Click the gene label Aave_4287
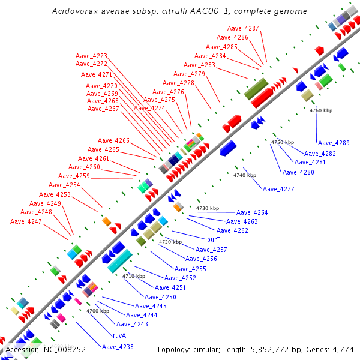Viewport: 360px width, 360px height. click(x=244, y=29)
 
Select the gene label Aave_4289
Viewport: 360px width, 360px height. click(x=334, y=143)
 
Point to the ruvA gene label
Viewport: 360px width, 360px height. click(x=119, y=335)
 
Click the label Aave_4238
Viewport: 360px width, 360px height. click(x=118, y=346)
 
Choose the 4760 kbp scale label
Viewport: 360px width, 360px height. click(x=320, y=110)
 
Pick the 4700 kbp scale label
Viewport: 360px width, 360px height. click(x=97, y=311)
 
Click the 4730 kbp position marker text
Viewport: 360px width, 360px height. click(x=208, y=208)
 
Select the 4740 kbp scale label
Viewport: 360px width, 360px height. click(x=245, y=175)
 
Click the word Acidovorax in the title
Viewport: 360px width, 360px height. click(x=72, y=11)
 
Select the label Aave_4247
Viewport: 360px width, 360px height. click(x=26, y=221)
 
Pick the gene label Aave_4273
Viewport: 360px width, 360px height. click(x=91, y=56)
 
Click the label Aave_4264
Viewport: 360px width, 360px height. click(x=252, y=212)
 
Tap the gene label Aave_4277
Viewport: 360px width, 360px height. click(x=278, y=189)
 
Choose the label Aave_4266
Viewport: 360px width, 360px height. click(x=113, y=140)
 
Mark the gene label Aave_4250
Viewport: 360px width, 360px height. click(x=161, y=297)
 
